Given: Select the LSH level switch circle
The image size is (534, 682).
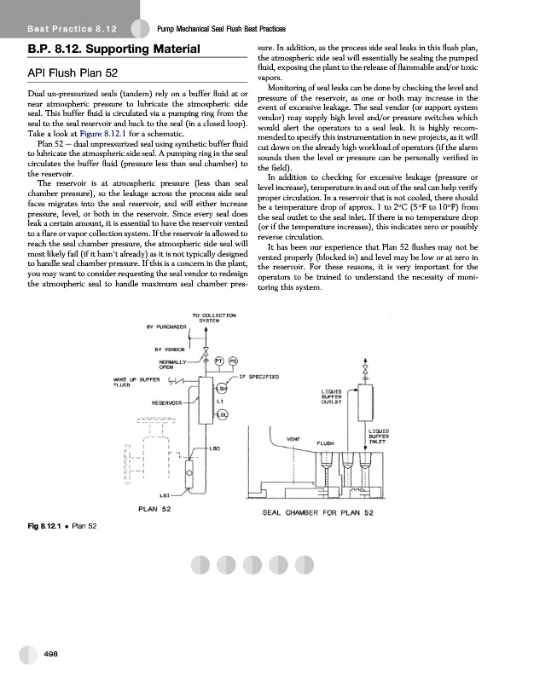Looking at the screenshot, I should click(222, 389).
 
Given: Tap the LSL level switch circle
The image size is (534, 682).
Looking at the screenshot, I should click(222, 414).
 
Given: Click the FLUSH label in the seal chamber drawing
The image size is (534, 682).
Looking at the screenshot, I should click(328, 443).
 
